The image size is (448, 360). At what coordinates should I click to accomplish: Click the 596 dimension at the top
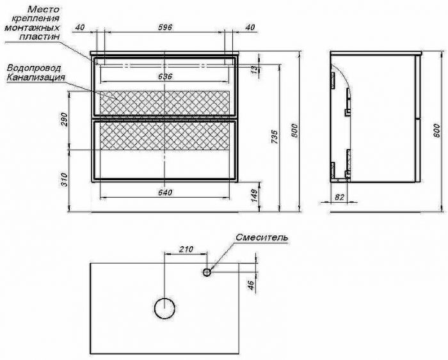(x=165, y=27)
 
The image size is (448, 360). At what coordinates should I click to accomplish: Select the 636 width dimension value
(x=165, y=77)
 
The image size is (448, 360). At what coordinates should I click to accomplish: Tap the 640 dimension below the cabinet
(x=165, y=192)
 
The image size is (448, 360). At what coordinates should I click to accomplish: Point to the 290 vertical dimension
(x=64, y=120)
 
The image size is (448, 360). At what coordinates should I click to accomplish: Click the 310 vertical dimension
(x=64, y=180)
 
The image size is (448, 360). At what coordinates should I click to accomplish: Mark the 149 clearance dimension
(x=255, y=196)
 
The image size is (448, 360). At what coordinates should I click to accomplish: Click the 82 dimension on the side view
(x=339, y=197)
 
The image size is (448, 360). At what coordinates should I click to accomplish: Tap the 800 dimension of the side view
(x=437, y=130)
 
